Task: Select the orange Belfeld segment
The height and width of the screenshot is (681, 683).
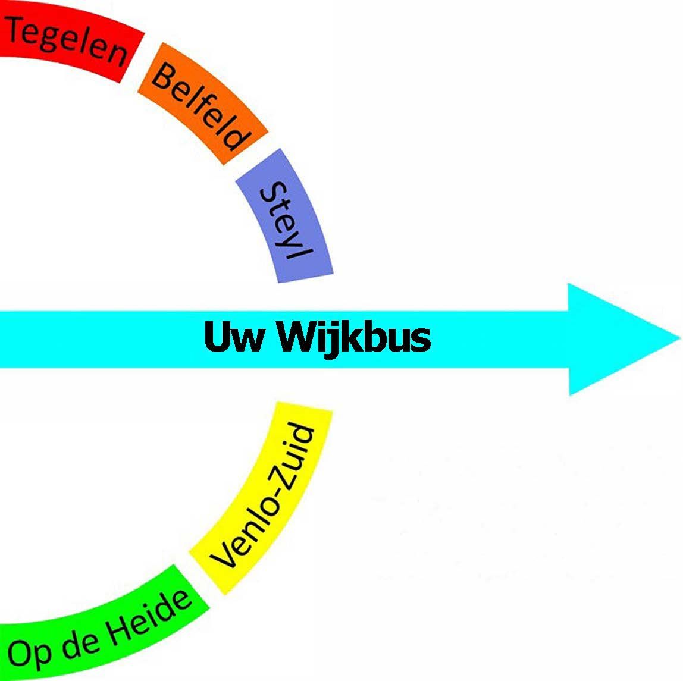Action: click(x=202, y=107)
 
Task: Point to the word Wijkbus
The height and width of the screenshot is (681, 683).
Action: click(x=353, y=337)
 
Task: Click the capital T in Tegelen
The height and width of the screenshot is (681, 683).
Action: click(x=18, y=27)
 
